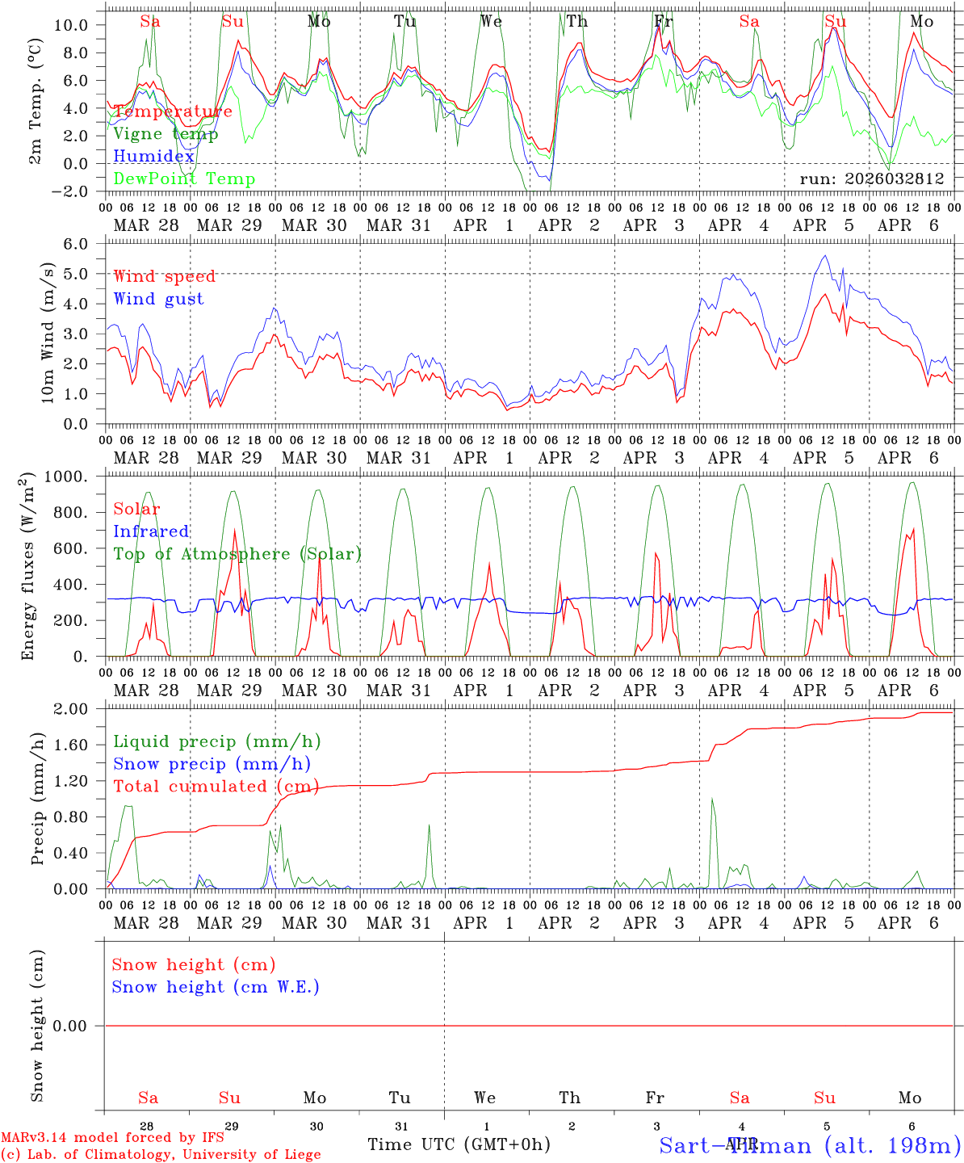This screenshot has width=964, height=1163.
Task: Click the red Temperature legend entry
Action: (173, 111)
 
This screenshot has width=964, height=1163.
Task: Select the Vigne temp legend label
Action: (166, 134)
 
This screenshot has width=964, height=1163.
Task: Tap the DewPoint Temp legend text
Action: (184, 179)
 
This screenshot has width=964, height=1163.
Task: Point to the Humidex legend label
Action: (154, 157)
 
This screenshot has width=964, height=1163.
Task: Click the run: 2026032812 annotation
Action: (871, 179)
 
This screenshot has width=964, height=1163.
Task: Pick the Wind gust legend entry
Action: (158, 299)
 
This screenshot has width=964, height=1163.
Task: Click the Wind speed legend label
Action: (165, 276)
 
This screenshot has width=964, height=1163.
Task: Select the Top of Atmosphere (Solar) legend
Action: (237, 554)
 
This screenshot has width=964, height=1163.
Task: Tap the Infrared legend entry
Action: (151, 531)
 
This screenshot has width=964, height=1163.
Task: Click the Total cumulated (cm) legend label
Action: (216, 786)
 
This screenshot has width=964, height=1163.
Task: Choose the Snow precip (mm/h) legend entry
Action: (212, 764)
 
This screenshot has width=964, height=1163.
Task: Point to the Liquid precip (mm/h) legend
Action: (216, 741)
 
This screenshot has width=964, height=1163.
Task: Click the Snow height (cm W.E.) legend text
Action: (216, 987)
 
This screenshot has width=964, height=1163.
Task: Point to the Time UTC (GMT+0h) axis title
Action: (459, 1144)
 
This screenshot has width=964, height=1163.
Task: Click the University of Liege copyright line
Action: (161, 1155)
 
